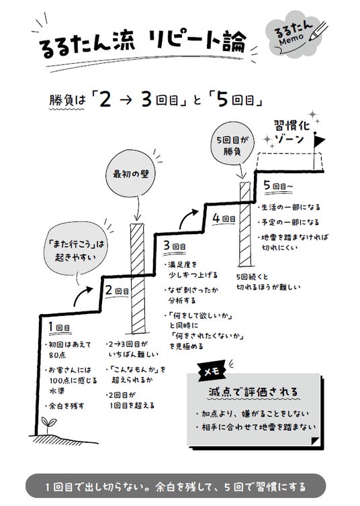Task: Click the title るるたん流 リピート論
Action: pyautogui.click(x=142, y=43)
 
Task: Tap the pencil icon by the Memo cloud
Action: pyautogui.click(x=318, y=31)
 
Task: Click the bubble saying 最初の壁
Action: pyautogui.click(x=131, y=174)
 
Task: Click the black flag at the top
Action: pyautogui.click(x=320, y=141)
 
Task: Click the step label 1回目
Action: pyautogui.click(x=59, y=327)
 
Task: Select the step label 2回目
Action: pyautogui.click(x=118, y=290)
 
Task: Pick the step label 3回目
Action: pyautogui.click(x=175, y=246)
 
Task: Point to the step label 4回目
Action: pyautogui.click(x=224, y=219)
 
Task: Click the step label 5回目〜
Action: pyautogui.click(x=278, y=185)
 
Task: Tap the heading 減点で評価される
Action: pyautogui.click(x=254, y=392)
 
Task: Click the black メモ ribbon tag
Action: pyautogui.click(x=212, y=371)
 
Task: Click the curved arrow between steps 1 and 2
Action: pyautogui.click(x=83, y=295)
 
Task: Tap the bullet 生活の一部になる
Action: pyautogui.click(x=289, y=207)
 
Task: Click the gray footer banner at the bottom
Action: pyautogui.click(x=176, y=487)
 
